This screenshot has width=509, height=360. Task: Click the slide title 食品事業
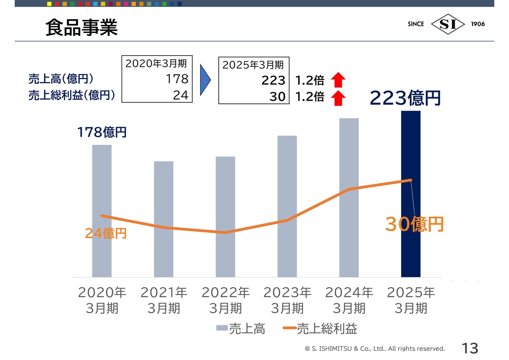tap(82, 28)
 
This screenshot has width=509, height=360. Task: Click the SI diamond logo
tap(448, 24)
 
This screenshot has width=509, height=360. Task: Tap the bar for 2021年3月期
tap(163, 219)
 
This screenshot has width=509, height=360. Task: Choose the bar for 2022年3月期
tap(225, 216)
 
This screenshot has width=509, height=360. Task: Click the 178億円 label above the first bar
tap(102, 132)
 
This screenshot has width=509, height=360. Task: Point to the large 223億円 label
tap(405, 98)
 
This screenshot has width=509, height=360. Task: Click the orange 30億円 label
tap(414, 225)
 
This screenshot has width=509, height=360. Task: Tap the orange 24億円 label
tap(106, 233)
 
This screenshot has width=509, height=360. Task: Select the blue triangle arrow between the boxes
tap(205, 80)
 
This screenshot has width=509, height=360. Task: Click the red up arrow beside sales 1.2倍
tap(338, 80)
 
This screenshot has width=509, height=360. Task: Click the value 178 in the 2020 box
tap(177, 79)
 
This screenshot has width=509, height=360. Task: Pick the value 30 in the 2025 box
tap(277, 97)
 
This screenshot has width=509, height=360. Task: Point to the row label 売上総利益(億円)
tap(72, 95)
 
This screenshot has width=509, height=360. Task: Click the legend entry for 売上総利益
tap(320, 329)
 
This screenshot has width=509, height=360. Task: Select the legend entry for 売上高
tap(241, 329)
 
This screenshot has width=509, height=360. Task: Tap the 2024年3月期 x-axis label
tap(349, 300)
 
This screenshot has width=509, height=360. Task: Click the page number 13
tap(470, 348)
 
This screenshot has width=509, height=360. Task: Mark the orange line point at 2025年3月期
tap(410, 180)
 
